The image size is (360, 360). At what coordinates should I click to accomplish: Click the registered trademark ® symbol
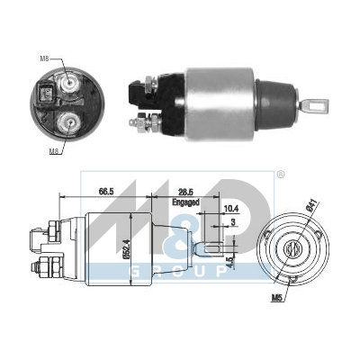[x=279, y=174]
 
